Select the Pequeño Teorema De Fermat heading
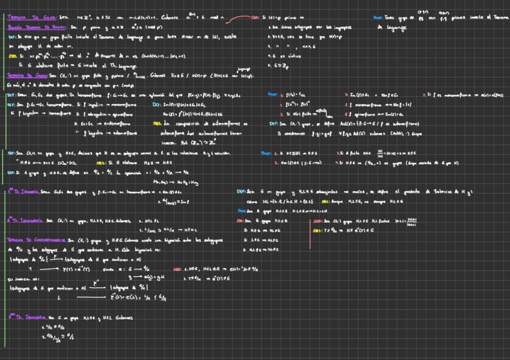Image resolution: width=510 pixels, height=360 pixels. (x=31, y=28)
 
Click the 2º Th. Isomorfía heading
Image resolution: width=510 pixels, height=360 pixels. (x=23, y=221)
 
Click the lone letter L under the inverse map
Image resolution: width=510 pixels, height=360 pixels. (x=58, y=296)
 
